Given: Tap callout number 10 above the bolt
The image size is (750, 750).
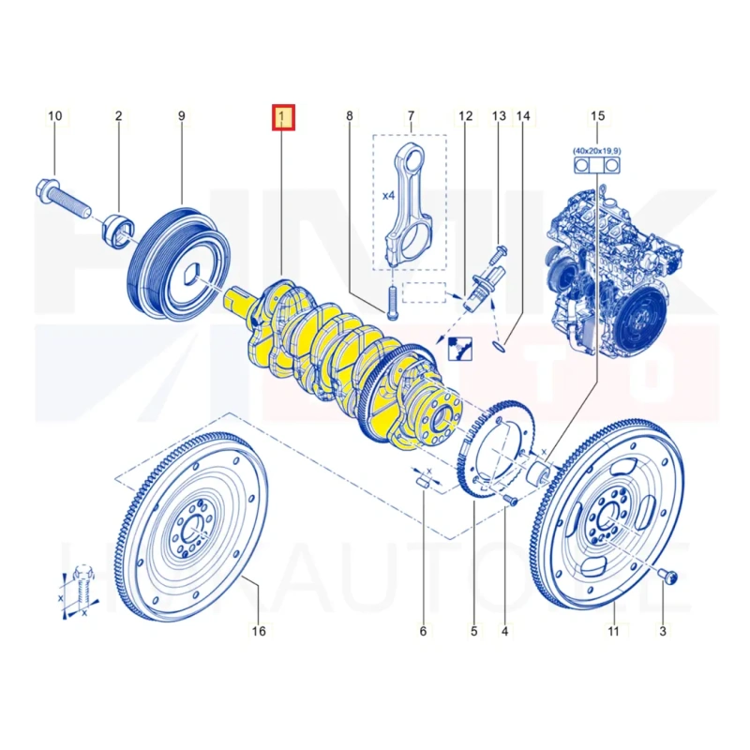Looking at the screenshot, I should (55, 116).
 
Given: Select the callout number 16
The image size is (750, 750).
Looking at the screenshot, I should (259, 631).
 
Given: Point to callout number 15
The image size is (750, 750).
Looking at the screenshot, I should (598, 116).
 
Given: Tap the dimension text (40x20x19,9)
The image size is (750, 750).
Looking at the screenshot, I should (597, 150).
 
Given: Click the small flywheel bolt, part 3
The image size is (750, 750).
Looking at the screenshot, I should (669, 576).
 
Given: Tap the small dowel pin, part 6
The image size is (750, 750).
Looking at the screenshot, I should (423, 483).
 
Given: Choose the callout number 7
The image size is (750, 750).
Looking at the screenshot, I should (410, 116).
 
